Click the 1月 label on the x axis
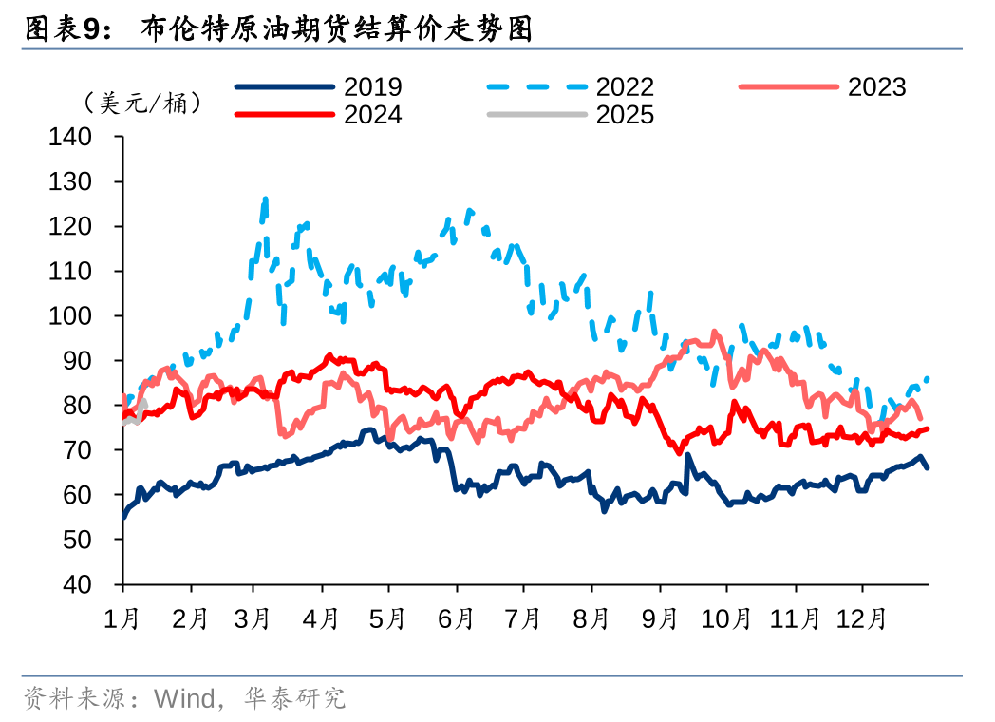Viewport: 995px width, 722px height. pos(123,618)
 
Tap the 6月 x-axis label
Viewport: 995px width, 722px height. pos(457,618)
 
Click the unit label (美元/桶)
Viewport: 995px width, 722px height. pos(142,102)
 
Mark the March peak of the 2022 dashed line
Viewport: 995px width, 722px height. pos(265,199)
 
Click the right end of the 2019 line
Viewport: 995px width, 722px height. pos(927,466)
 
